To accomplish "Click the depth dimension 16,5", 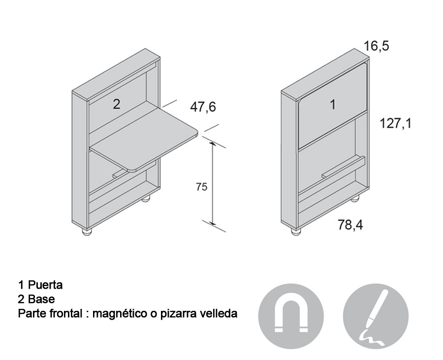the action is pos(376,46).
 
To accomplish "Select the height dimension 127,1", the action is pos(396,123).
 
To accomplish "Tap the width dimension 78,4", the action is pos(350,225).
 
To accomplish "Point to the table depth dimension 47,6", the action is pos(203,107).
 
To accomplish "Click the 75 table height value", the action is pos(202,186).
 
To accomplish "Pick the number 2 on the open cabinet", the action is pos(116,104).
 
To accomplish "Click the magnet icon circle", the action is pos(291,316).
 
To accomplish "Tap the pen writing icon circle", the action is pos(376,316).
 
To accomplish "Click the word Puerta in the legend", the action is pos(45,285).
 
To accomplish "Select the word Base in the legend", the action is pos(41,299).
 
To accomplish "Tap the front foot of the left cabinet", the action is pos(87,232).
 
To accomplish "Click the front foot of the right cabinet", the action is pos(296,232).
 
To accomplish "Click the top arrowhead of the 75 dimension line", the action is pos(213,145).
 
